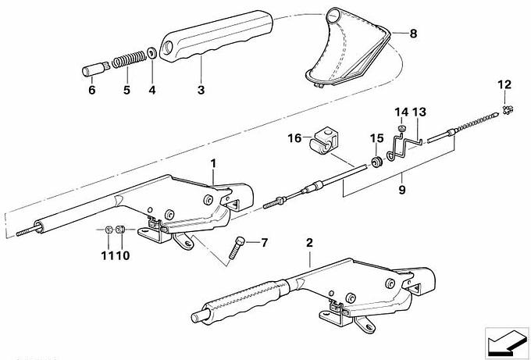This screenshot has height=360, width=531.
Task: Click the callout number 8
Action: [x=414, y=34]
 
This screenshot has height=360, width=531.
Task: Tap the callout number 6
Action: [x=91, y=91]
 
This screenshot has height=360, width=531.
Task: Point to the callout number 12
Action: [x=504, y=84]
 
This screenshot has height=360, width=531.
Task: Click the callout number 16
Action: [x=294, y=138]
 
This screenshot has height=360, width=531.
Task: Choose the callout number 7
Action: [x=262, y=242]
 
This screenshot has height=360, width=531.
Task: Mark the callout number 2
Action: [x=309, y=244]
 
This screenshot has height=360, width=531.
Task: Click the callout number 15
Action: [x=376, y=138]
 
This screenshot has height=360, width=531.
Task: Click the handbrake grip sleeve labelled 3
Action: [x=211, y=46]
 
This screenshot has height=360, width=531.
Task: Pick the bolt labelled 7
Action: [x=239, y=251]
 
